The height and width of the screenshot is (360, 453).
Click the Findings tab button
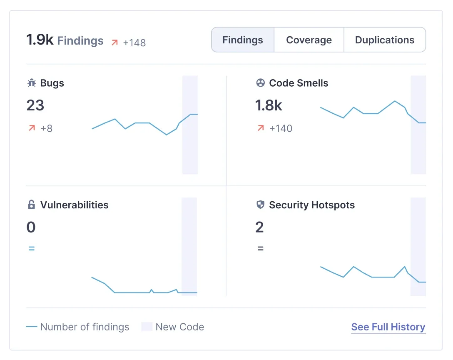pos(243,40)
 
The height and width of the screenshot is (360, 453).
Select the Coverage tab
pos(309,40)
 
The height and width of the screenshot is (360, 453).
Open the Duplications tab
pos(385,40)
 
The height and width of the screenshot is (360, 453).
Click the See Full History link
pos(388,327)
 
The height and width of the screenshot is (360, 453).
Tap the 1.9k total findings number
pos(40,40)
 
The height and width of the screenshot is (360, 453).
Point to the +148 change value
pos(134,42)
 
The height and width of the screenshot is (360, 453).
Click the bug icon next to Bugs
pos(32,83)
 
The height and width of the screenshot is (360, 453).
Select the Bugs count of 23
pos(35,105)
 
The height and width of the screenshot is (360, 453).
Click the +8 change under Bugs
pos(46,128)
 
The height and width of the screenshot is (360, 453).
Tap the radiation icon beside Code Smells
pos(260,83)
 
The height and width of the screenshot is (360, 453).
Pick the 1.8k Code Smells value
pos(269,105)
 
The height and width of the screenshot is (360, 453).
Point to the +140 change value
pos(281,128)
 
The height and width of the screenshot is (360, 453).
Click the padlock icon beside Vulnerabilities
pos(31,205)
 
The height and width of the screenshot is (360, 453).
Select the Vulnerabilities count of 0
pos(31,227)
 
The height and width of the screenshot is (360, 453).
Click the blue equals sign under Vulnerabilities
pos(31,249)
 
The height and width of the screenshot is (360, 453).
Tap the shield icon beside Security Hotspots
pos(260,205)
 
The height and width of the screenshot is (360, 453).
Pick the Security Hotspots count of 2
pos(259,227)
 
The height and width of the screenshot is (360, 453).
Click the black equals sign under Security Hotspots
pos(260,249)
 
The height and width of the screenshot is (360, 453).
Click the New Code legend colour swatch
pos(147,327)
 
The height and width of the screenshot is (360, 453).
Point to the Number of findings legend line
pos(32,327)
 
